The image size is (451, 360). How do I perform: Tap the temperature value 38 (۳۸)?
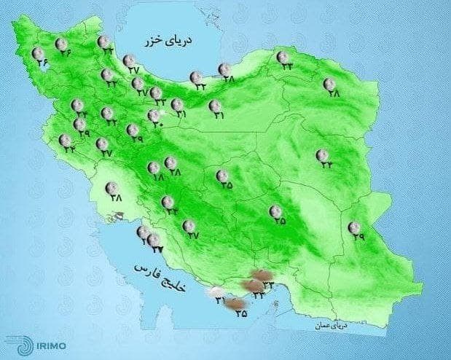click(116, 197)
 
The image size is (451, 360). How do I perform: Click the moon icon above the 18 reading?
click(154, 166)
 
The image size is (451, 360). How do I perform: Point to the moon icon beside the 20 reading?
click(154, 114)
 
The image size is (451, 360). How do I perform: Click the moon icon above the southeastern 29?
click(354, 227)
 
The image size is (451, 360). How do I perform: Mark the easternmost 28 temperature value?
click(334, 93)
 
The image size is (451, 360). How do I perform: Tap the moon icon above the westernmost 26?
click(37, 52)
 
